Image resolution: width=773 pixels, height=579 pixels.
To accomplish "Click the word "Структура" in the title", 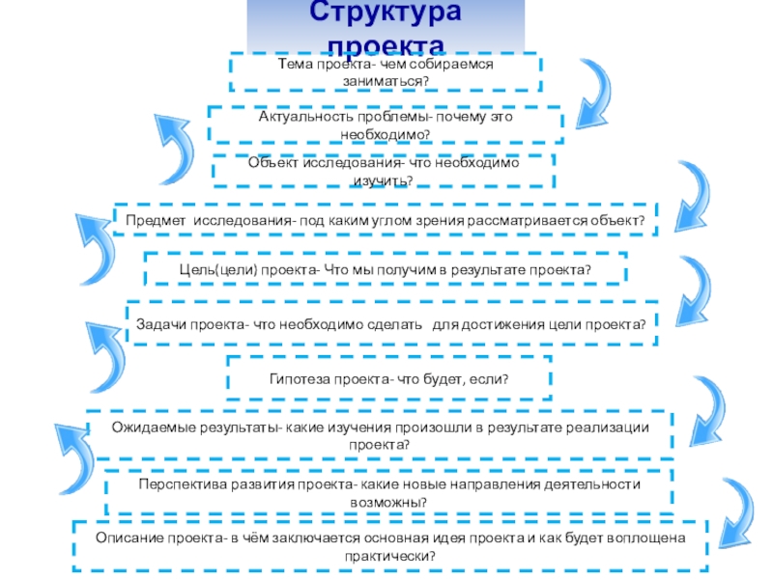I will point(386,14).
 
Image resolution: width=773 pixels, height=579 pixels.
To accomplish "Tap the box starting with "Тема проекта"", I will point(385,71).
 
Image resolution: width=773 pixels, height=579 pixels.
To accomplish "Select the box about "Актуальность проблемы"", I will point(385,124).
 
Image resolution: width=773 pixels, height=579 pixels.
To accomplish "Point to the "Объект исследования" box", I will point(385,172).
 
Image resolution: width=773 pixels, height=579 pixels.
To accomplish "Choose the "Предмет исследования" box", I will point(385,221).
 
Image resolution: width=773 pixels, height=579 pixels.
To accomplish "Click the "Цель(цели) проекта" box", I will point(385,269).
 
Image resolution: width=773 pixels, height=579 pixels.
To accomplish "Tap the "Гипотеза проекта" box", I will point(388,378).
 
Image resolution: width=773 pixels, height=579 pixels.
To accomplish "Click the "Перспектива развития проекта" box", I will point(389,491).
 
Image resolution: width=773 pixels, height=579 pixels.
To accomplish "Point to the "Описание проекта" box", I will point(390,547).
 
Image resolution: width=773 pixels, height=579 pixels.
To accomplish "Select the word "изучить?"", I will point(384,180).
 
